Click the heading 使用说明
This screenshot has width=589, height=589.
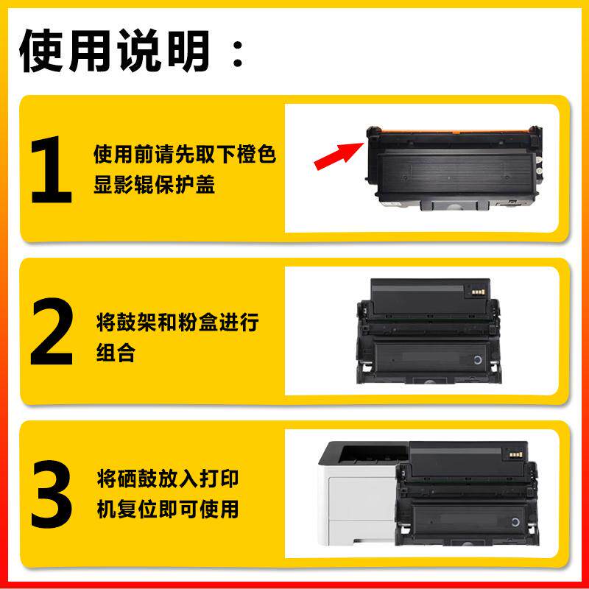tap(114, 51)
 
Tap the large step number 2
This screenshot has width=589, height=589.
tap(52, 331)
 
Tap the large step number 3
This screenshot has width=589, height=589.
tap(52, 494)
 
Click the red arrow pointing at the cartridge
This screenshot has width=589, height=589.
tap(339, 156)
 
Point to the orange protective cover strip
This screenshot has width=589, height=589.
tap(455, 131)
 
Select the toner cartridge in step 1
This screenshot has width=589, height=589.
tap(454, 168)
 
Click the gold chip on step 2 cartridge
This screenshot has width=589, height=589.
tap(478, 292)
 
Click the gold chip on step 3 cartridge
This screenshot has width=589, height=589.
tap(515, 455)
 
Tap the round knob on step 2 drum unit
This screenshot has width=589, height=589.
tap(477, 360)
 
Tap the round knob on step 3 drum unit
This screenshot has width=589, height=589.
tap(515, 522)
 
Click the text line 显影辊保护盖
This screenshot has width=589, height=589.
tap(154, 185)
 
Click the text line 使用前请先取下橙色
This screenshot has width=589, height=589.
tap(185, 154)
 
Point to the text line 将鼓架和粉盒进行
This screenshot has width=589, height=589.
tap(177, 322)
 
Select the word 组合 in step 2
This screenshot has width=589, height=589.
tap(116, 353)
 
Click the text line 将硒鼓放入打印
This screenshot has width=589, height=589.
tap(168, 478)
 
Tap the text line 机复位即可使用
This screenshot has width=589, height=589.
tap(168, 509)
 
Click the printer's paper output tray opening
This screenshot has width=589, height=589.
tap(372, 454)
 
